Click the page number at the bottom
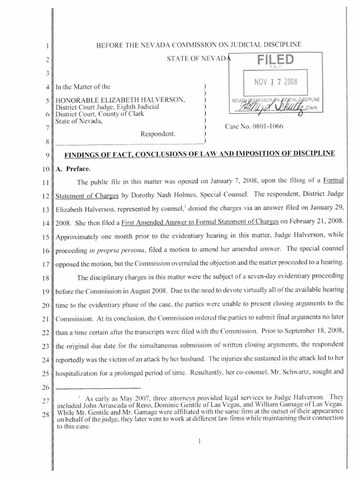click(x=199, y=441)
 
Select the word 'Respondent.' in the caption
click(x=158, y=134)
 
